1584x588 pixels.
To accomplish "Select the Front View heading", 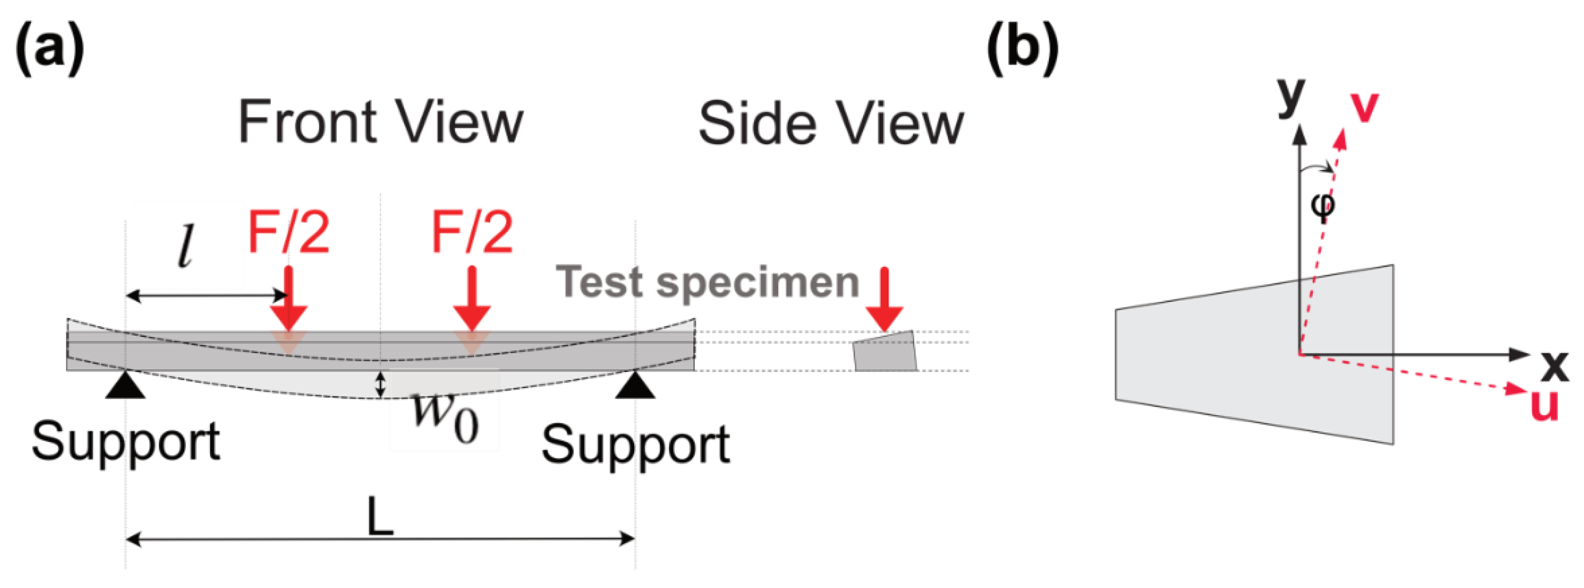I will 380,122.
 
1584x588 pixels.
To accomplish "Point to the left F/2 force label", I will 288,232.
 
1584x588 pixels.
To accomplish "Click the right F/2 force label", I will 471,232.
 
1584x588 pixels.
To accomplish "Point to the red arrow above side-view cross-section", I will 884,299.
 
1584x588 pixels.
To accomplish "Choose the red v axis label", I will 1365,107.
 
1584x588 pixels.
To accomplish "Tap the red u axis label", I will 1544,404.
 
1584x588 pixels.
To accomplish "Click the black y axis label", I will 1291,97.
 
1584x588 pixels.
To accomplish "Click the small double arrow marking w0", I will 381,384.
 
